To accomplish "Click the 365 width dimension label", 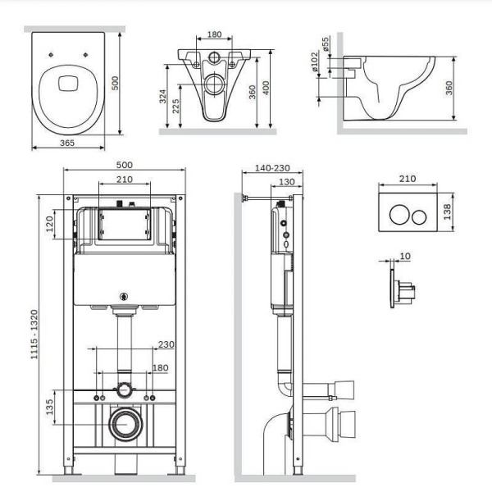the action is (x=67, y=143).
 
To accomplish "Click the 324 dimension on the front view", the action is (x=162, y=96).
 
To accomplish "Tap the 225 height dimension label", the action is (x=175, y=106).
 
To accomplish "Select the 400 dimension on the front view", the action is (x=266, y=89).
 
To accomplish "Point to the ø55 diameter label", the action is (x=326, y=44).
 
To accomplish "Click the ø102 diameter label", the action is (x=315, y=61).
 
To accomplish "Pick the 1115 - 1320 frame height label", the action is (x=34, y=335).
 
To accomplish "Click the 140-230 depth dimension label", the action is (x=272, y=168).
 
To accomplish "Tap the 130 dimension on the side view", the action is (x=287, y=182).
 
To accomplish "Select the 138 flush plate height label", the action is (x=448, y=212).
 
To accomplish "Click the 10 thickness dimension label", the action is (x=405, y=257).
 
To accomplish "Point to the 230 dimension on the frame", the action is (x=166, y=344).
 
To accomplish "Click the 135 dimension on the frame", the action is (x=49, y=407).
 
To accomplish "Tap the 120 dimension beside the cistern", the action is (x=49, y=224).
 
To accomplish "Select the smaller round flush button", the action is (x=419, y=217).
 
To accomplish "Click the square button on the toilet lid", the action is (x=67, y=84).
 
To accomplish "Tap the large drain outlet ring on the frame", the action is (x=125, y=424).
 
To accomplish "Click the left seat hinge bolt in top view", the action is (x=51, y=55).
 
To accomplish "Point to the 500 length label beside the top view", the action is (x=115, y=83).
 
